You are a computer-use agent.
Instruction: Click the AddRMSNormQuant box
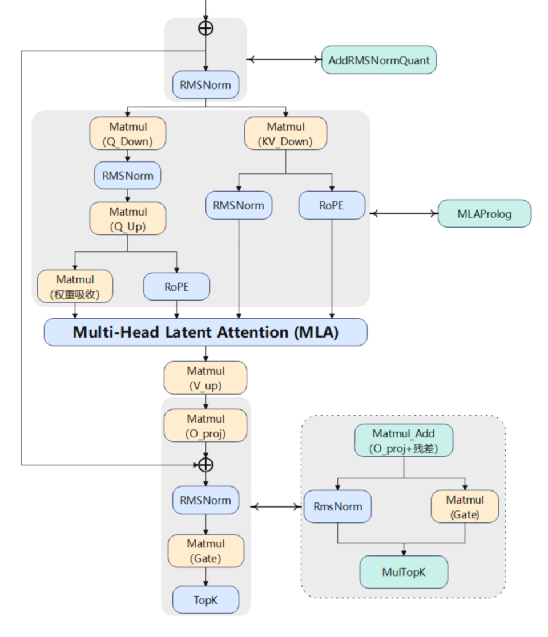click(378, 60)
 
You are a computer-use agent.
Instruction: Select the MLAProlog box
click(484, 213)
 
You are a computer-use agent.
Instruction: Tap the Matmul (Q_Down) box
click(127, 134)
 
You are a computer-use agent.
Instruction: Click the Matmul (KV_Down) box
click(285, 134)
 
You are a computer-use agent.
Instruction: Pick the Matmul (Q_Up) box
click(127, 218)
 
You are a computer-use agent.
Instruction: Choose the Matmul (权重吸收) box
click(75, 286)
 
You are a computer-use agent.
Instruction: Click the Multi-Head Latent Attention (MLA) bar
click(205, 332)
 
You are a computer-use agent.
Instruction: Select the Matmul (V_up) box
click(205, 378)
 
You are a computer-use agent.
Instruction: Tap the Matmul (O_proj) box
click(205, 425)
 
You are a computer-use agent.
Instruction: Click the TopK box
click(205, 599)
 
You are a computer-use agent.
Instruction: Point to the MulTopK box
click(404, 572)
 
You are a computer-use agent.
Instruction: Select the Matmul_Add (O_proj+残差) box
click(404, 440)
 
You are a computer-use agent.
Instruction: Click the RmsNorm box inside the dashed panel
click(337, 506)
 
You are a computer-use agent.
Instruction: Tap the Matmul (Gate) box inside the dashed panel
click(465, 506)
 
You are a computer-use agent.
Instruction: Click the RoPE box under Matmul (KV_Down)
click(332, 205)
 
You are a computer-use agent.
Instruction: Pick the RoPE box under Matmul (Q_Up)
click(176, 287)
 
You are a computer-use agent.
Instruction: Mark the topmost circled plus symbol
click(205, 28)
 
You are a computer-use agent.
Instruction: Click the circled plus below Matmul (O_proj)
click(205, 465)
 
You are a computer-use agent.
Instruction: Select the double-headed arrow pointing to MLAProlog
click(404, 214)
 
